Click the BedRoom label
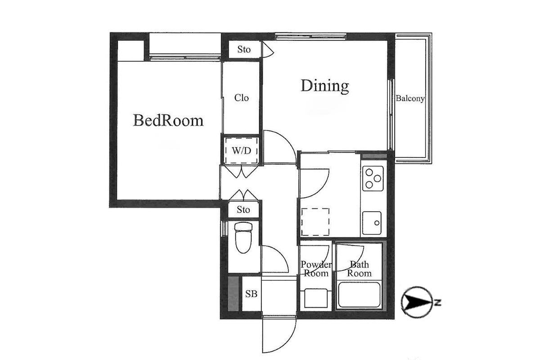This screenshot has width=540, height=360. point(168,120)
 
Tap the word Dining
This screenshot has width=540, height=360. point(325,85)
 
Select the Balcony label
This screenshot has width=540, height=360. point(410,99)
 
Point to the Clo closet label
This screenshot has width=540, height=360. point(241,98)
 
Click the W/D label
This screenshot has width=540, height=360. point(241,151)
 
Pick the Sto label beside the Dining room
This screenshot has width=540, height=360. point(244,49)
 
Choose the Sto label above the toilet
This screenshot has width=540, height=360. point(243,210)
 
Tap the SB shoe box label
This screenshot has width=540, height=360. point(251,294)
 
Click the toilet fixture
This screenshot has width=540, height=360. point(243,237)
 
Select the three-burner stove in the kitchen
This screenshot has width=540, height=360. point(373,179)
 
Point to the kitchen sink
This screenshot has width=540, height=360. point(372,223)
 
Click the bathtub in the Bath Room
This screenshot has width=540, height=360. point(359,295)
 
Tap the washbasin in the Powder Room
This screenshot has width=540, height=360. point(316,298)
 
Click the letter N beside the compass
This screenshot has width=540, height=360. point(438,302)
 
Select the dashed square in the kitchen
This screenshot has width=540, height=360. point(315,222)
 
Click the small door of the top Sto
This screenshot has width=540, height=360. point(268,49)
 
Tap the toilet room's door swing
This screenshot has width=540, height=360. point(275,259)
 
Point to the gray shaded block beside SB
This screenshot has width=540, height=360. point(233,293)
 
